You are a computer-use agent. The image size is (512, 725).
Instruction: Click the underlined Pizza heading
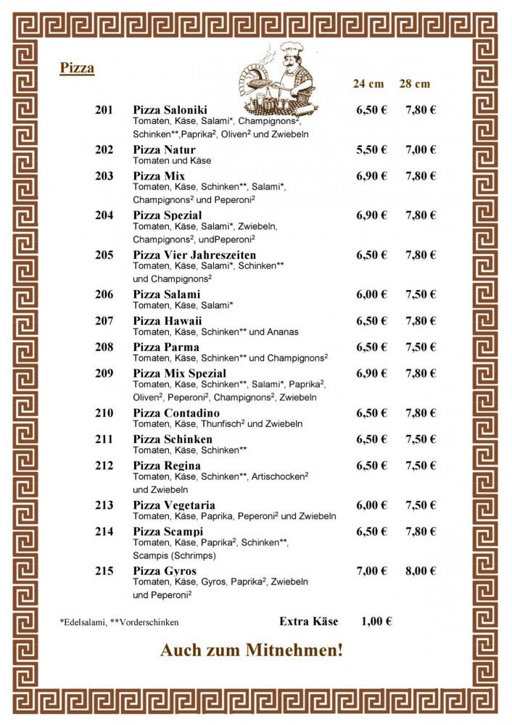pos(77,69)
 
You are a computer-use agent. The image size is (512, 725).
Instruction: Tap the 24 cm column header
pos(368,83)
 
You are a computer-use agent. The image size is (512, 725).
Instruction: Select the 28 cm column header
pos(415,83)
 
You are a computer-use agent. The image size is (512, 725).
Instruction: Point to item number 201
pos(104,110)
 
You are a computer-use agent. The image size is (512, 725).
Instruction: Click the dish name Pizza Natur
pos(164,149)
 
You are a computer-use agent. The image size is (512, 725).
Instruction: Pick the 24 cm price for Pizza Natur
pos(371,149)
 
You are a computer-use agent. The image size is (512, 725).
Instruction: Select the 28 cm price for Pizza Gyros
pos(421,571)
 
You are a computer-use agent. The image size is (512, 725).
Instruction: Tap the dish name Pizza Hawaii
pos(168,320)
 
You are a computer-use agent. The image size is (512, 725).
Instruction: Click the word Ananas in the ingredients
pos(282,331)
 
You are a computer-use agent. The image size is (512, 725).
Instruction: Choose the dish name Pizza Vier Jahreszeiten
pos(194,254)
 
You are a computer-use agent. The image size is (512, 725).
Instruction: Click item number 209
pos(104,373)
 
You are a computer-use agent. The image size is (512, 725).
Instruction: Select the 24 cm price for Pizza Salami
pos(371,294)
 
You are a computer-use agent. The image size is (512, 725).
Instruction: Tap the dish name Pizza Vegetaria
pos(174,505)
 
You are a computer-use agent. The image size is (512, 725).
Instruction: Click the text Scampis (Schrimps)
pos(174,555)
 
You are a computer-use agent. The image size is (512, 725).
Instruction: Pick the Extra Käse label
pos(308,621)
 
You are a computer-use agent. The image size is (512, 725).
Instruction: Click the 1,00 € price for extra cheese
pos(376,621)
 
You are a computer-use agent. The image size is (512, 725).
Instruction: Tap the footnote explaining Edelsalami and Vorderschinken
pos(119,622)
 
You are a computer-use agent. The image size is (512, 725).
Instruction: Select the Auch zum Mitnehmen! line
pos(251,651)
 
